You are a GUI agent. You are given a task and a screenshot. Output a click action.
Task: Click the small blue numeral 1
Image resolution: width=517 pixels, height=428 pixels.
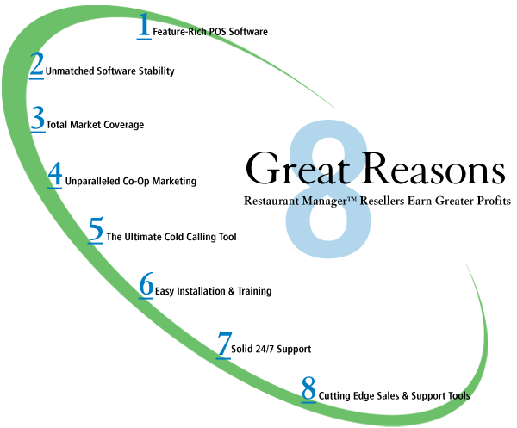144,24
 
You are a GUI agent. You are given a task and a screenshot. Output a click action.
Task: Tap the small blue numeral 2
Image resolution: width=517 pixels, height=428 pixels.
36,65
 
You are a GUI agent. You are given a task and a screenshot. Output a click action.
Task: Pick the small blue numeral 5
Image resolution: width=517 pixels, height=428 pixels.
96,230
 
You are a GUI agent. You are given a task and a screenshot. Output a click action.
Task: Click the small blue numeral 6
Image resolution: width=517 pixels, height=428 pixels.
146,285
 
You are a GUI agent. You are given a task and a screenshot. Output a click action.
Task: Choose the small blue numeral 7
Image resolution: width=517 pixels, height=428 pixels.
224,343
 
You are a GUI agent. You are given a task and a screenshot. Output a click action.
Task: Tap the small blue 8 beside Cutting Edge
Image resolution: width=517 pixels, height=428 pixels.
308,390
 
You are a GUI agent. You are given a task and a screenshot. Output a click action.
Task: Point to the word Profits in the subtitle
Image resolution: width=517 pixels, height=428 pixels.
491,202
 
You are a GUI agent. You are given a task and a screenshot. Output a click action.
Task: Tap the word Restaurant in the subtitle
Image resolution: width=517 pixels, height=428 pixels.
274,202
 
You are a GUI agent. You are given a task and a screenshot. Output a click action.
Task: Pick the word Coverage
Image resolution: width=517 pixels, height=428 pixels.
121,125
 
